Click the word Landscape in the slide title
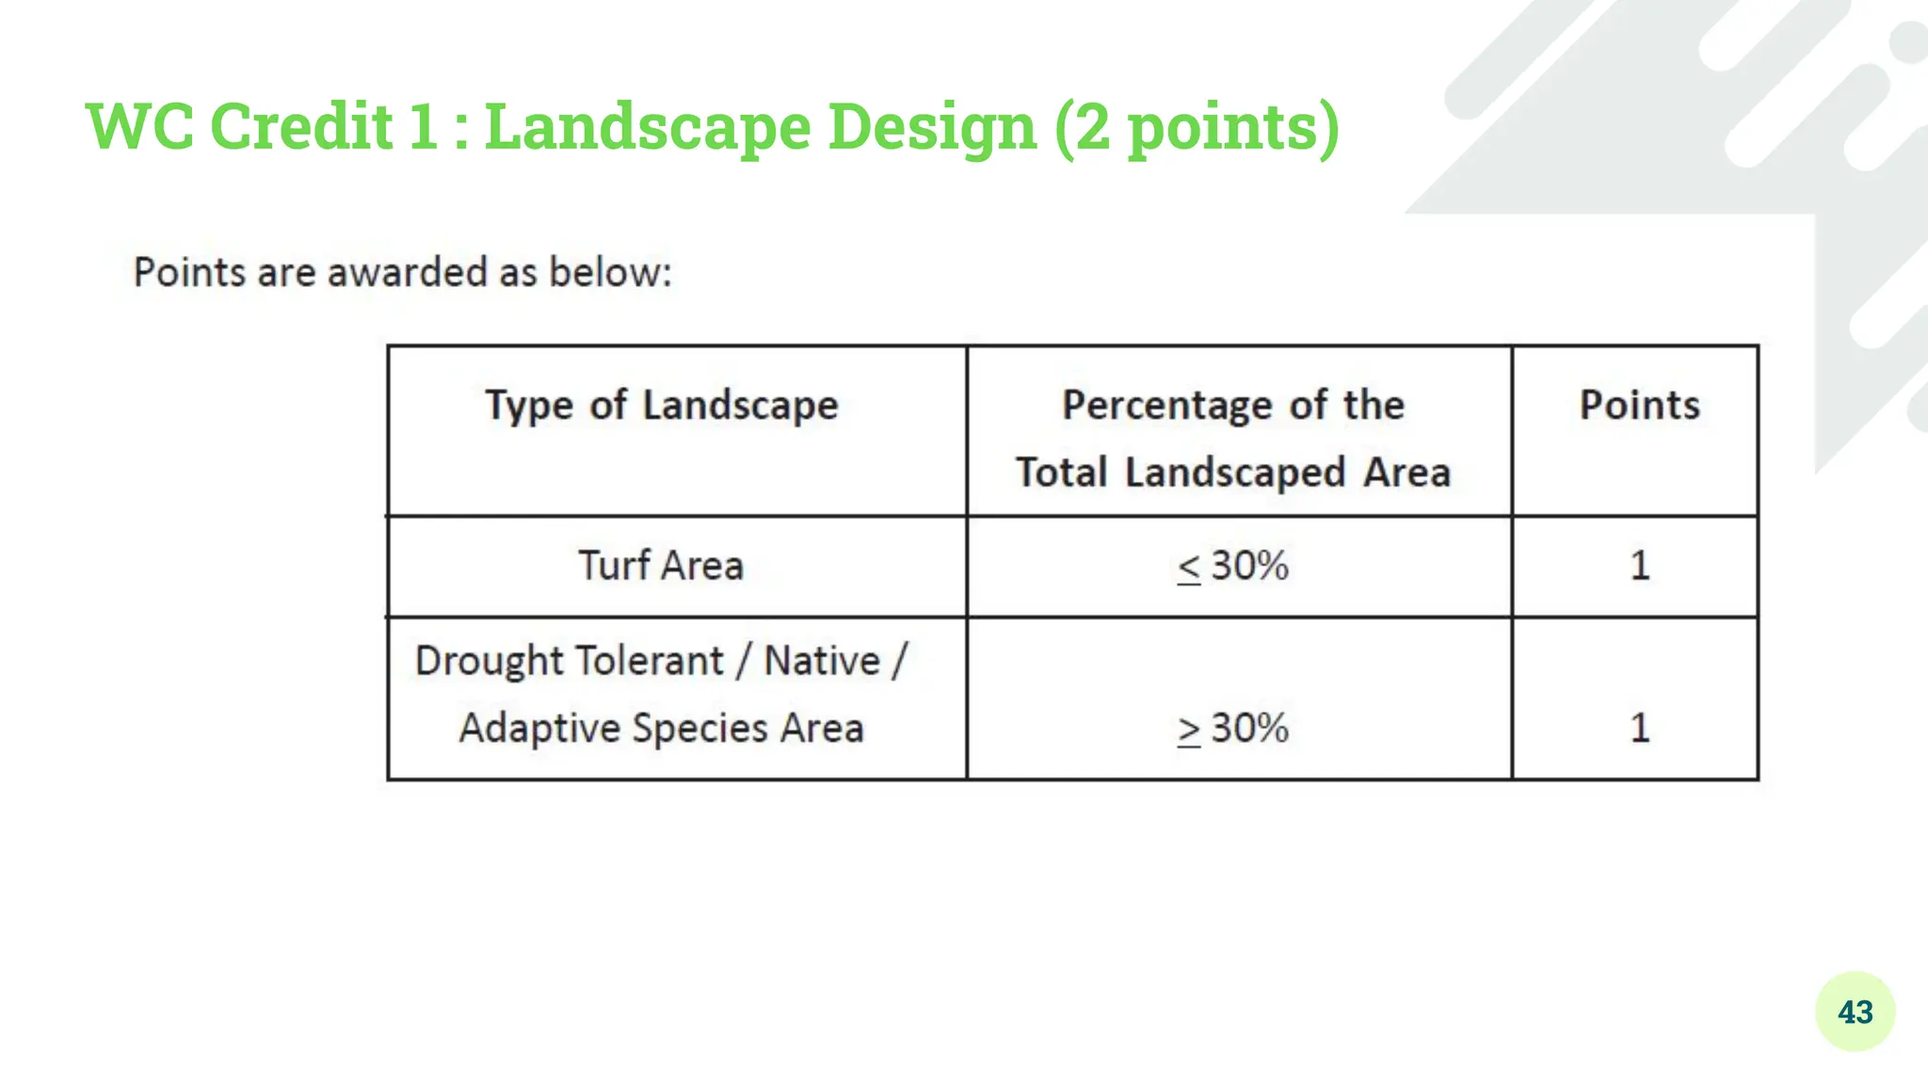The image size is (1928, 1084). pyautogui.click(x=648, y=127)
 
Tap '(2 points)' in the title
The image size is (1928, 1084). pyautogui.click(x=1197, y=127)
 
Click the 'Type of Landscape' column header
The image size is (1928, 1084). pyautogui.click(x=662, y=406)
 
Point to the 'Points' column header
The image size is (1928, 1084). pyautogui.click(x=1639, y=406)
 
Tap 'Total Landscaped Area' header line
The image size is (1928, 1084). pyautogui.click(x=1232, y=472)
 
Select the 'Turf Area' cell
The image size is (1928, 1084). pyautogui.click(x=661, y=566)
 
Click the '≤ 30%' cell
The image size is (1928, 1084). pyautogui.click(x=1232, y=566)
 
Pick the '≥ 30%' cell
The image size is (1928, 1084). pyautogui.click(x=1232, y=728)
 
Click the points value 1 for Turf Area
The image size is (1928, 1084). pyautogui.click(x=1639, y=566)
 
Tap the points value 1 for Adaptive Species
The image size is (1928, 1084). pyautogui.click(x=1639, y=728)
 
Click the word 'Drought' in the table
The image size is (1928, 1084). pyautogui.click(x=489, y=662)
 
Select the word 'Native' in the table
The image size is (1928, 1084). pyautogui.click(x=822, y=662)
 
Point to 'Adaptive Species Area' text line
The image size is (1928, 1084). pyautogui.click(x=661, y=728)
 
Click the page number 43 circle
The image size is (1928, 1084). pyautogui.click(x=1855, y=1012)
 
